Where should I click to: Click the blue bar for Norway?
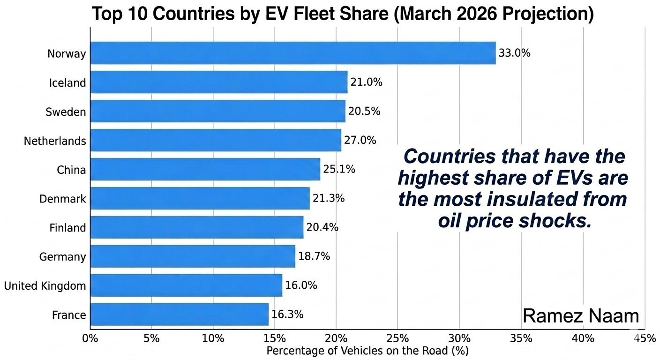[292, 53]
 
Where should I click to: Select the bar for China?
[205, 169]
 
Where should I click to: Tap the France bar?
[179, 315]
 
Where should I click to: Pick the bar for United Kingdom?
[186, 285]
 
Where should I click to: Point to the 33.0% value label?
[514, 53]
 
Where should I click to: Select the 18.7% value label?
[314, 256]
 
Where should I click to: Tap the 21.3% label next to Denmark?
[329, 198]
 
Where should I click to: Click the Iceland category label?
[67, 83]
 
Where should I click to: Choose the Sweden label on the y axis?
[66, 112]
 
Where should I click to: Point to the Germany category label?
[63, 257]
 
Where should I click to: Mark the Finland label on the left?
[67, 228]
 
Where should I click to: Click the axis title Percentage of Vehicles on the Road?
[367, 350]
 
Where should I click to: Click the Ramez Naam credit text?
[581, 315]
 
